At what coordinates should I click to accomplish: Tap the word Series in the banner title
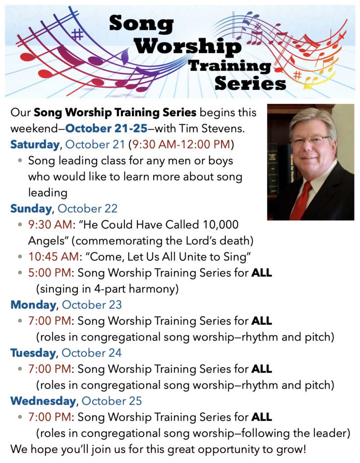click(x=250, y=83)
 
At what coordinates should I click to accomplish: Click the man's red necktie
click(x=302, y=199)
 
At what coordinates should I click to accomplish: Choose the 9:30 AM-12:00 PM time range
click(x=181, y=145)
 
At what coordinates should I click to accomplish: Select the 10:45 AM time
click(x=54, y=257)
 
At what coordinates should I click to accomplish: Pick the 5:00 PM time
click(x=49, y=273)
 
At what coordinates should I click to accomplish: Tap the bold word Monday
click(x=33, y=305)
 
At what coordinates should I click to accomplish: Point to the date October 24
click(x=92, y=353)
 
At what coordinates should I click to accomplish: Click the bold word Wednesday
click(x=43, y=401)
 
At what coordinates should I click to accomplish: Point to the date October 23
click(x=92, y=305)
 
